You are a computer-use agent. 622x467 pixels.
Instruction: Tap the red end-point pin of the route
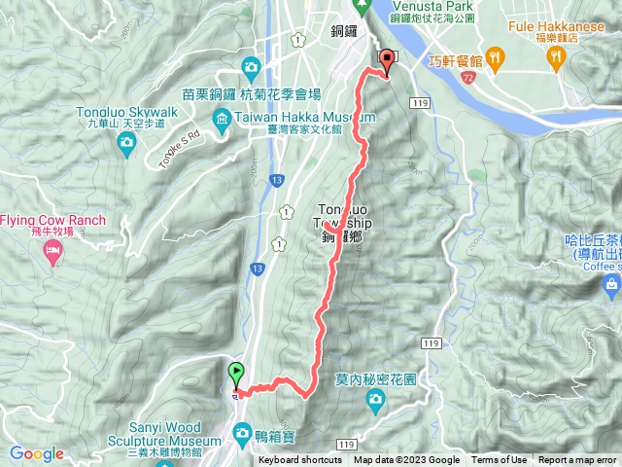pos(386,59)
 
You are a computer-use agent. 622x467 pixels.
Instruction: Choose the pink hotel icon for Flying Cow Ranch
pos(52,252)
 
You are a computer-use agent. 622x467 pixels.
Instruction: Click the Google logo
pos(36,454)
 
